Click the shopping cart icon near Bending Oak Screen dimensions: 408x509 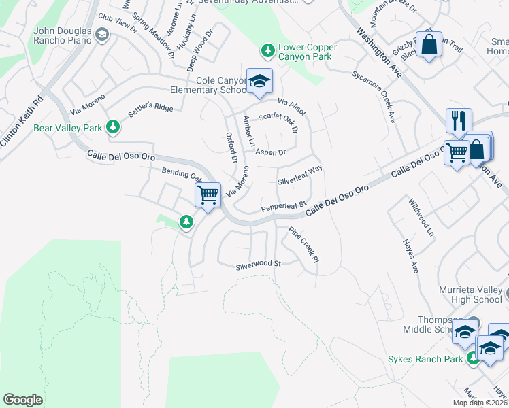(208, 194)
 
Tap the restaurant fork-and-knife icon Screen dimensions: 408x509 (459, 121)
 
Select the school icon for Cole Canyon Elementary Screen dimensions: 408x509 (259, 82)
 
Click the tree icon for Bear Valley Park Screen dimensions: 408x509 (114, 127)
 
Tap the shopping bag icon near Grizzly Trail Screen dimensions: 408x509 (429, 45)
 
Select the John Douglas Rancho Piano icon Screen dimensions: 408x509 (102, 35)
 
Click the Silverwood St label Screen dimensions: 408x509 (258, 263)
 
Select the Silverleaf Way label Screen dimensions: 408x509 (299, 174)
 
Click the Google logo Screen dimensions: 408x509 (22, 400)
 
